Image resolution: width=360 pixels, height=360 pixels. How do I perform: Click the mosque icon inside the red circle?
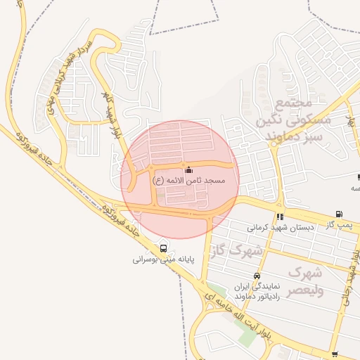pyautogui.click(x=188, y=169)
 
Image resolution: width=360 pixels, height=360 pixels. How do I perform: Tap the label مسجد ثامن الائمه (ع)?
pyautogui.click(x=189, y=181)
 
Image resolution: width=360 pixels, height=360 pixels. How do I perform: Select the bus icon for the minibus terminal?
pyautogui.click(x=163, y=248)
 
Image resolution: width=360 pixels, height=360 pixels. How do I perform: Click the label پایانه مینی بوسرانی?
pyautogui.click(x=163, y=259)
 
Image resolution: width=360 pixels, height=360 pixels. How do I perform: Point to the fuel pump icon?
pyautogui.click(x=340, y=214)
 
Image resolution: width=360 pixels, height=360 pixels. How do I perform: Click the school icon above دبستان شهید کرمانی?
pyautogui.click(x=281, y=217)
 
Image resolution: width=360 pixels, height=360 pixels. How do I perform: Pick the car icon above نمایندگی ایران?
pyautogui.click(x=257, y=276)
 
